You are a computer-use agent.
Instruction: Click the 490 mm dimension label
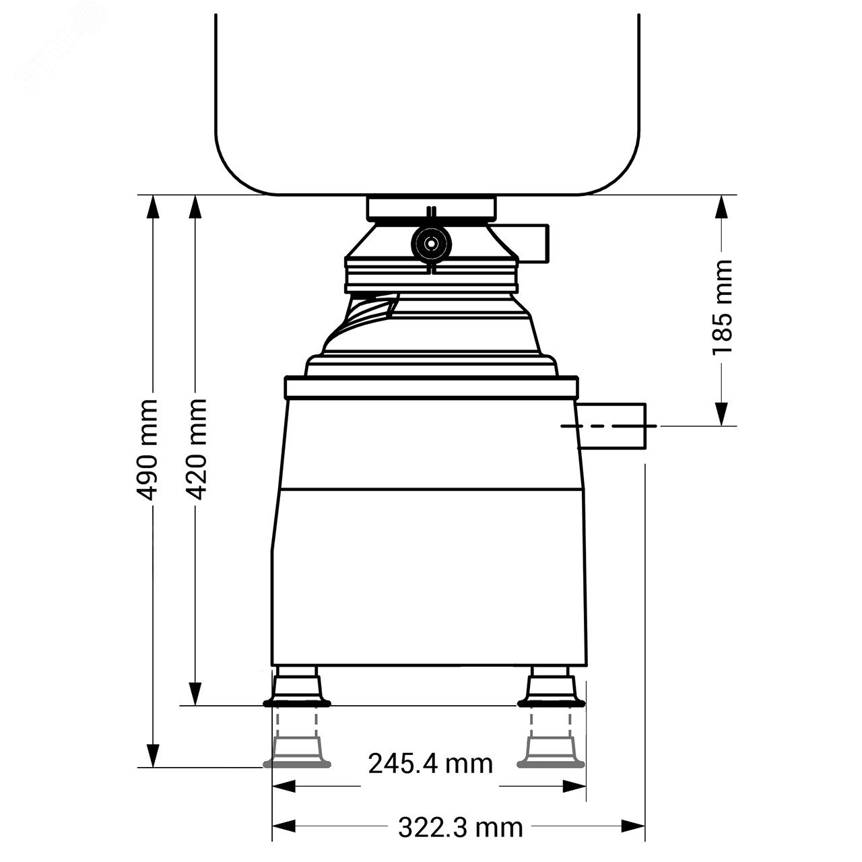coord(147,450)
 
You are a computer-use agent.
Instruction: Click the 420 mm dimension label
coord(195,449)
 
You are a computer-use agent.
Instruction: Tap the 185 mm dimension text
coord(721,307)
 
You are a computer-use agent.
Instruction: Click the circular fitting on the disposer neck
coord(431,244)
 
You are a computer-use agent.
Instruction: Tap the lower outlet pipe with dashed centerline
coord(611,426)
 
